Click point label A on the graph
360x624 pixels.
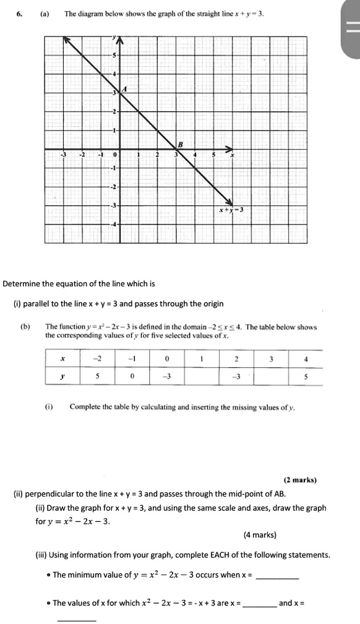126,88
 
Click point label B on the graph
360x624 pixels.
179,143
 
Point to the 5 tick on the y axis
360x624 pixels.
113,56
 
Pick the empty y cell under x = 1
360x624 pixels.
202,377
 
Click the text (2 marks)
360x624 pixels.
300,479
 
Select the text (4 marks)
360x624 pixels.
260,535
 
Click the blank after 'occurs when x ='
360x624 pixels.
277,575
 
